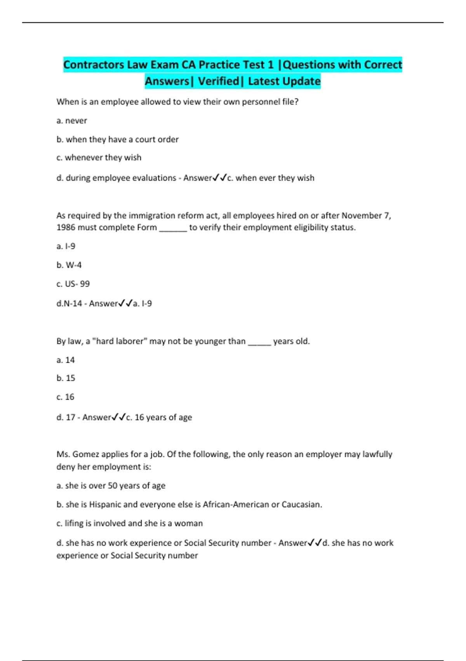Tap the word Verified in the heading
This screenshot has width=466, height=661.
[219, 81]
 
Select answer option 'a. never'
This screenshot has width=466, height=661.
[71, 121]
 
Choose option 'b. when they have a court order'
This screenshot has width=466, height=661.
[117, 139]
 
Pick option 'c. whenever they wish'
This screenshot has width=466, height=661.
[99, 157]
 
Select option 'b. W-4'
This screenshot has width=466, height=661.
[69, 265]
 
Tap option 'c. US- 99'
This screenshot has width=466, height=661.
[73, 284]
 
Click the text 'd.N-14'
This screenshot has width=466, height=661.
[69, 303]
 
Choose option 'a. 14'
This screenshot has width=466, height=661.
[65, 360]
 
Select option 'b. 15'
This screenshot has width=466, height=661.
[65, 378]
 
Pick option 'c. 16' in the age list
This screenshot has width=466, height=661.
[65, 397]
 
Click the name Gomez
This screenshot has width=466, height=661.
[85, 454]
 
